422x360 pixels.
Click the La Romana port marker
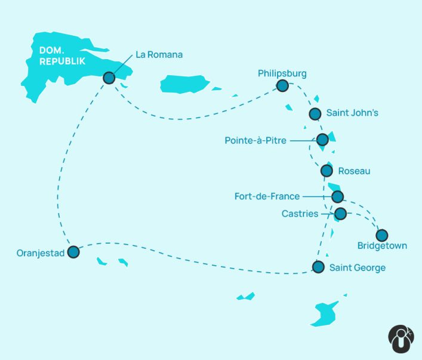pos(109,78)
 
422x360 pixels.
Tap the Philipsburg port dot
pos(282,86)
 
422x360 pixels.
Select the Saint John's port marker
pos(315,113)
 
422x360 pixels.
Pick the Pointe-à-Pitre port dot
pos(322,140)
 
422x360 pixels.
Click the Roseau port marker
pos(326,171)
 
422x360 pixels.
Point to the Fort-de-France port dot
pos(337,196)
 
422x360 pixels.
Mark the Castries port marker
pos(340,213)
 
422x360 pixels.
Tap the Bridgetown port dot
pos(381,235)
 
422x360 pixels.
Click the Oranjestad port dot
pos(73,252)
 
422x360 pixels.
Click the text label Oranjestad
pos(41,253)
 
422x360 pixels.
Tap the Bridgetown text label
pos(382,246)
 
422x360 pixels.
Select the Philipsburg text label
pos(282,73)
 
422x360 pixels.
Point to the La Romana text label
pos(159,55)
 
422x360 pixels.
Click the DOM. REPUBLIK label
pos(61,56)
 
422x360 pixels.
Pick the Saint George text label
pos(358,268)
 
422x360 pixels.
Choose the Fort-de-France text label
pos(267,196)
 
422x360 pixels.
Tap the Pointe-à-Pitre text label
pos(255,141)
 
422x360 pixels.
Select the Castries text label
pos(300,214)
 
